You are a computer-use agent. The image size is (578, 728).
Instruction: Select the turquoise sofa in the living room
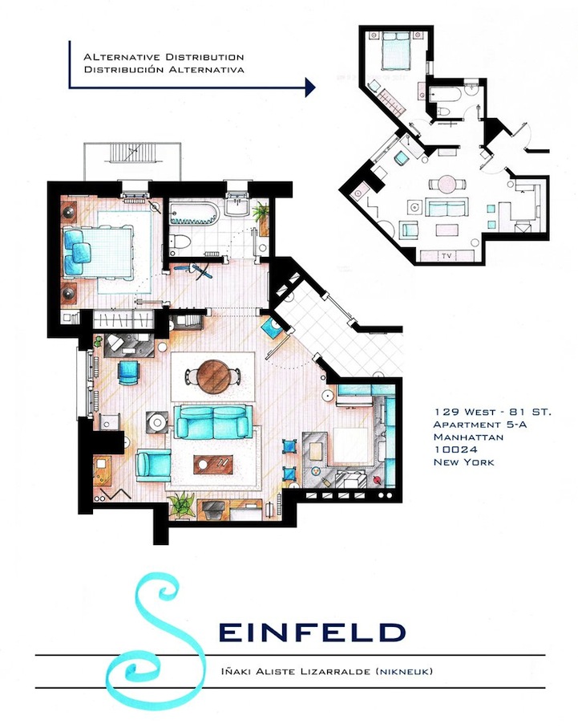214,421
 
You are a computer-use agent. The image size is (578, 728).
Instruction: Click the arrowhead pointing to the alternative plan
309,87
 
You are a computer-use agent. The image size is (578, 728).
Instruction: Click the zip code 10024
452,450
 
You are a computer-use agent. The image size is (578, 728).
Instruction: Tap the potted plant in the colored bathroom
261,214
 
